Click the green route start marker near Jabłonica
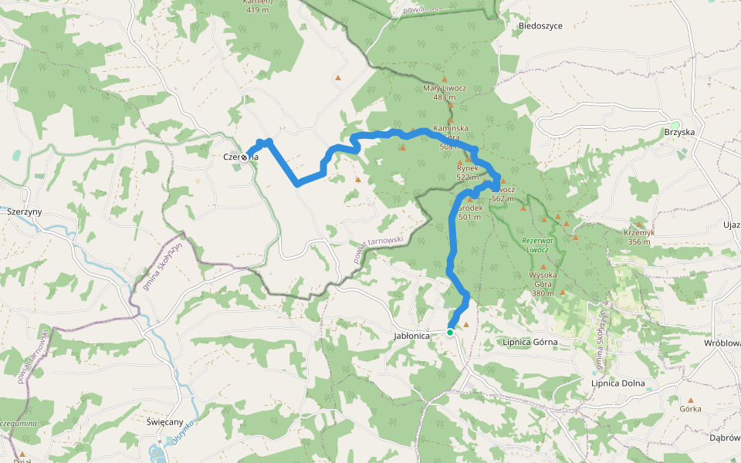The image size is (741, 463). [x=450, y=333]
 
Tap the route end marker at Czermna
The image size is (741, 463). [x=245, y=157]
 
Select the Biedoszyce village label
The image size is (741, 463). [x=540, y=25]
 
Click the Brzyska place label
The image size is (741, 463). [x=679, y=132]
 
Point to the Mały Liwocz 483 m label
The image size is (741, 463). [x=445, y=93]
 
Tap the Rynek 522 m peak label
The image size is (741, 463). [x=468, y=172]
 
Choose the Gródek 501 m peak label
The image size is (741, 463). [x=469, y=212]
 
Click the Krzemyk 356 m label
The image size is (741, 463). [x=638, y=236]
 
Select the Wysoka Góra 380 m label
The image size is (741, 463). [x=543, y=283]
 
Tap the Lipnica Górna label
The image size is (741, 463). [x=530, y=341]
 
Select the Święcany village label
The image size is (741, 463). [x=164, y=422]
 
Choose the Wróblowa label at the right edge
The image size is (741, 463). [x=722, y=343]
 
